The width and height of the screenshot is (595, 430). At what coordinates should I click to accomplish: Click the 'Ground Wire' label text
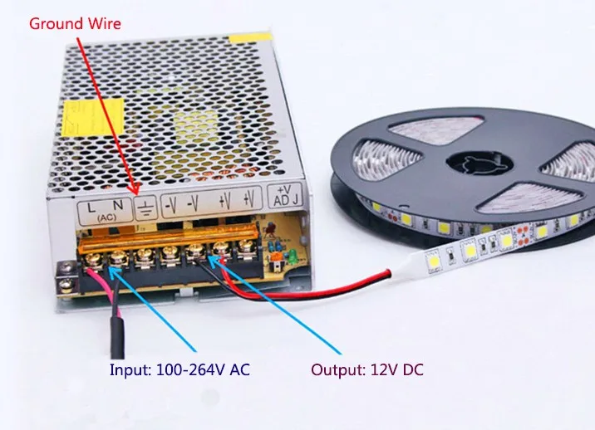[76, 23]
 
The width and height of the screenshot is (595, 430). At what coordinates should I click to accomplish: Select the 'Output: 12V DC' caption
[366, 370]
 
